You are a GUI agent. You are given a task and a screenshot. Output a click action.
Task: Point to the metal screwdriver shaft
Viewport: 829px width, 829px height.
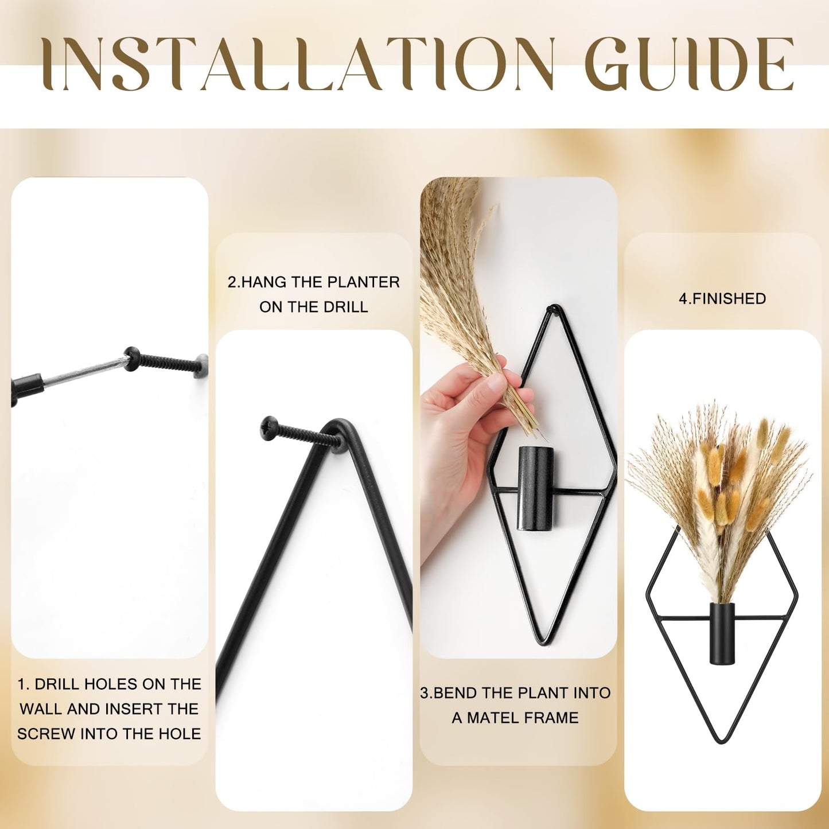pos(84,370)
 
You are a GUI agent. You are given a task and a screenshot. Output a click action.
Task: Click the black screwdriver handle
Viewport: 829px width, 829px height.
pos(26,388)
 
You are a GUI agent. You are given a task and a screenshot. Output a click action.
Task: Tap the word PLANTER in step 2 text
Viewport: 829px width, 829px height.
pos(363,282)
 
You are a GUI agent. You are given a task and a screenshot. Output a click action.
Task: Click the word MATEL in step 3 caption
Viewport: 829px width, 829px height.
pos(493,718)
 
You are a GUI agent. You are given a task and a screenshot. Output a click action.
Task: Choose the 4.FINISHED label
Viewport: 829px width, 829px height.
pos(722,298)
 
